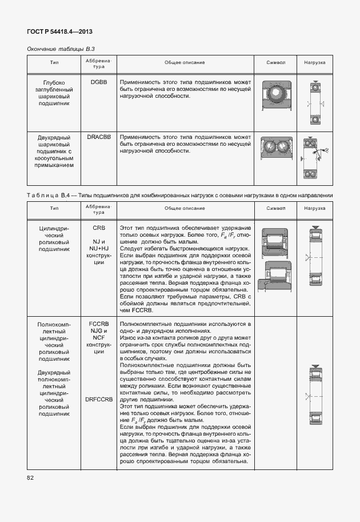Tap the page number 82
pos(30,477)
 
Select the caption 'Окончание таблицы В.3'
pos(57,49)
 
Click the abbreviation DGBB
pos(98,83)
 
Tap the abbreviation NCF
pos(98,337)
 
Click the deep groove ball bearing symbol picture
pos(275,95)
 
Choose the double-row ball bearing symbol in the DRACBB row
pos(275,150)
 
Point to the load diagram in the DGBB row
pos(314,103)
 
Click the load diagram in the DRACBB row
pos(314,158)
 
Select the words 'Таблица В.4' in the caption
pos(47,196)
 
